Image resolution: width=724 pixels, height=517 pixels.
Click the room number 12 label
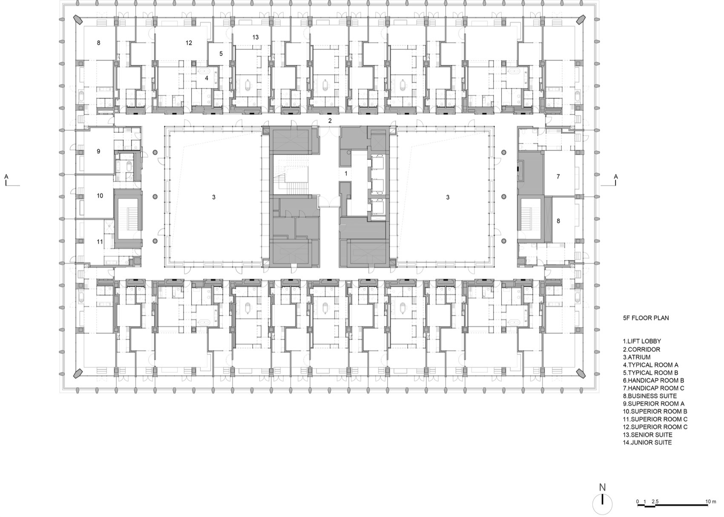(189, 43)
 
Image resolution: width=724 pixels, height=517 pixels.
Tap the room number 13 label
(256, 37)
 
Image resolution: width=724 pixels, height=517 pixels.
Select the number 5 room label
(221, 54)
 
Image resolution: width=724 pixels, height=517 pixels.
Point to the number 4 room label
(207, 78)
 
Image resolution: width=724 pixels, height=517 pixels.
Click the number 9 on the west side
(98, 151)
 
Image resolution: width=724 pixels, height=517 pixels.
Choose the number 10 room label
(100, 195)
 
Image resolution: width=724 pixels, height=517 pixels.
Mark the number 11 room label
(100, 242)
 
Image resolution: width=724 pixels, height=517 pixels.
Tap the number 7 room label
(558, 176)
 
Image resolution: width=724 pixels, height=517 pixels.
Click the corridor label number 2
(330, 121)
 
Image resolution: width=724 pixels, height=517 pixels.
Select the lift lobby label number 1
(346, 173)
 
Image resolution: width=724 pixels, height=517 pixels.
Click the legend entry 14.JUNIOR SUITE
(647, 442)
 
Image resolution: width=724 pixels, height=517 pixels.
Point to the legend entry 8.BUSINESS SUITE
(650, 396)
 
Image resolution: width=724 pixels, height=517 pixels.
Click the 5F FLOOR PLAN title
(646, 318)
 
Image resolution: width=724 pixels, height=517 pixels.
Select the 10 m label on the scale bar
(711, 502)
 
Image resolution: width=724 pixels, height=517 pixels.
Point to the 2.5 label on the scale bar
(655, 502)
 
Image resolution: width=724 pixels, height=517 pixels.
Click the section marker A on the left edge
(6, 176)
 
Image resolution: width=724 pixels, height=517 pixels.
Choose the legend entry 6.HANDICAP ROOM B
(654, 381)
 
